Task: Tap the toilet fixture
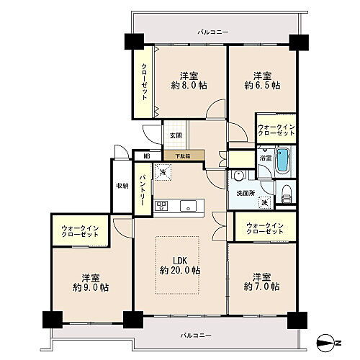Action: [286, 192]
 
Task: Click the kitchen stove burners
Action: [161, 205]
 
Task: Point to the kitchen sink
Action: [189, 205]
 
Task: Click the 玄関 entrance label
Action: [176, 135]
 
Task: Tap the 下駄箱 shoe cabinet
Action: [184, 154]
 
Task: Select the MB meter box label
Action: [146, 155]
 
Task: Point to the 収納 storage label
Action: [122, 186]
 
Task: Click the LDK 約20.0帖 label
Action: [180, 265]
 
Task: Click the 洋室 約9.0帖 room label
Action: [94, 282]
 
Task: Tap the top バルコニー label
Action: [214, 33]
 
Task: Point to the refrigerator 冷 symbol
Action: [163, 173]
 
